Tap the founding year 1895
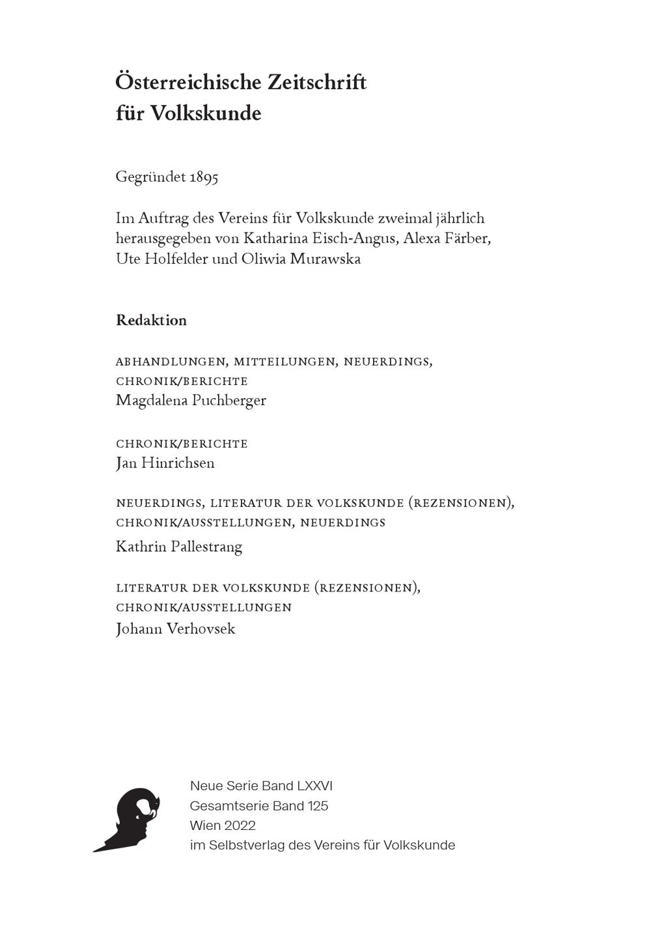204,177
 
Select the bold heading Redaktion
151,321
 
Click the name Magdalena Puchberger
191,401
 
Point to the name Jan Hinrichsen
165,463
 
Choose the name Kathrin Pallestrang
179,547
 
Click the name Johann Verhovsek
175,629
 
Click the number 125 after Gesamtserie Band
318,806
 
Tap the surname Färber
467,238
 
